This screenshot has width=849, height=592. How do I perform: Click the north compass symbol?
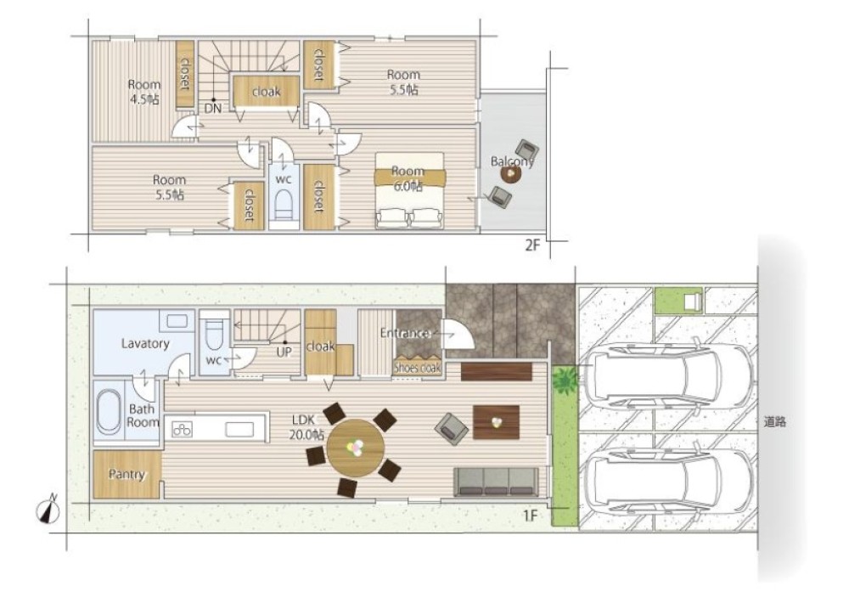(x=48, y=510)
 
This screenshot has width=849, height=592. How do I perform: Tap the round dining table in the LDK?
(x=356, y=448)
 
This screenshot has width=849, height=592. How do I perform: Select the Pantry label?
(x=127, y=475)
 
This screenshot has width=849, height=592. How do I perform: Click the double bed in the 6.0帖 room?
(x=409, y=189)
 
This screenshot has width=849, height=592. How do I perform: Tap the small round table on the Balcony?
(x=510, y=173)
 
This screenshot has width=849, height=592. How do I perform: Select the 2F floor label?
(x=533, y=245)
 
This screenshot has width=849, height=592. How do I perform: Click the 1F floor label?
(x=530, y=516)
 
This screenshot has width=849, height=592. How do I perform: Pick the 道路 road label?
(x=775, y=421)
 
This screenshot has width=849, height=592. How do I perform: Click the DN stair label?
(x=213, y=109)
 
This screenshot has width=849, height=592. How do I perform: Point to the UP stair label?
(x=284, y=352)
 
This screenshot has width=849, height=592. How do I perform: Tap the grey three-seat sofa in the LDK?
(x=496, y=482)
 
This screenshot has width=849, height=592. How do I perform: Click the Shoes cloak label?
(x=418, y=368)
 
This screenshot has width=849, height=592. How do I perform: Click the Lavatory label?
(x=145, y=343)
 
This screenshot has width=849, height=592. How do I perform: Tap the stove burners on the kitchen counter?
(x=182, y=430)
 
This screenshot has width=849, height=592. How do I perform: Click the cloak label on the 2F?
(x=267, y=92)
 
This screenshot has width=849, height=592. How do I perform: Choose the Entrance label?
(x=405, y=333)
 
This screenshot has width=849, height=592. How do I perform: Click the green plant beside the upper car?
(x=565, y=379)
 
